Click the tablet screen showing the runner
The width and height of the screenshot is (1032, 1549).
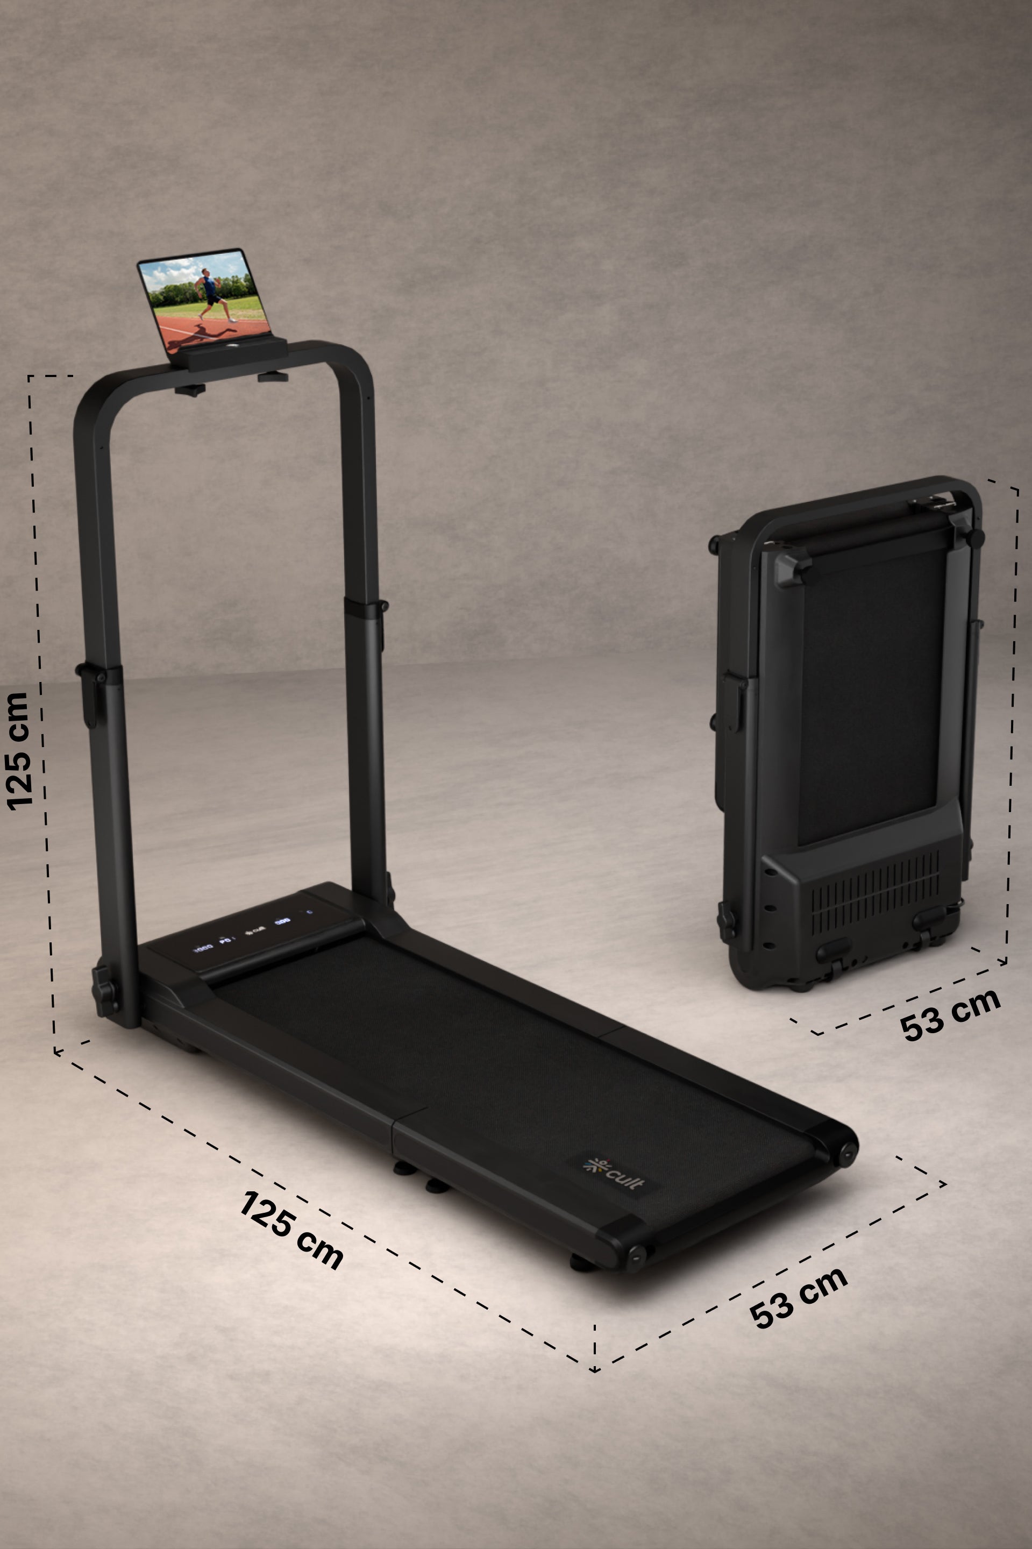pyautogui.click(x=204, y=300)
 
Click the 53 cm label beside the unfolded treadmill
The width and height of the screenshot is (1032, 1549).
pyautogui.click(x=798, y=1297)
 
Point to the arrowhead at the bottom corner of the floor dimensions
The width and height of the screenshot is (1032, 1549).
pyautogui.click(x=594, y=1370)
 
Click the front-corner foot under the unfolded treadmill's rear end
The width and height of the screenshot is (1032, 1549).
pyautogui.click(x=582, y=1261)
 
